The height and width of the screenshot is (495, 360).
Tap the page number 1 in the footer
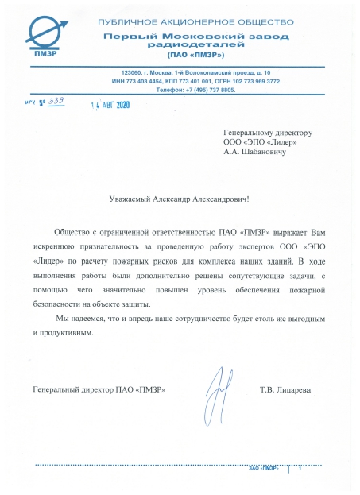point(300,467)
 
